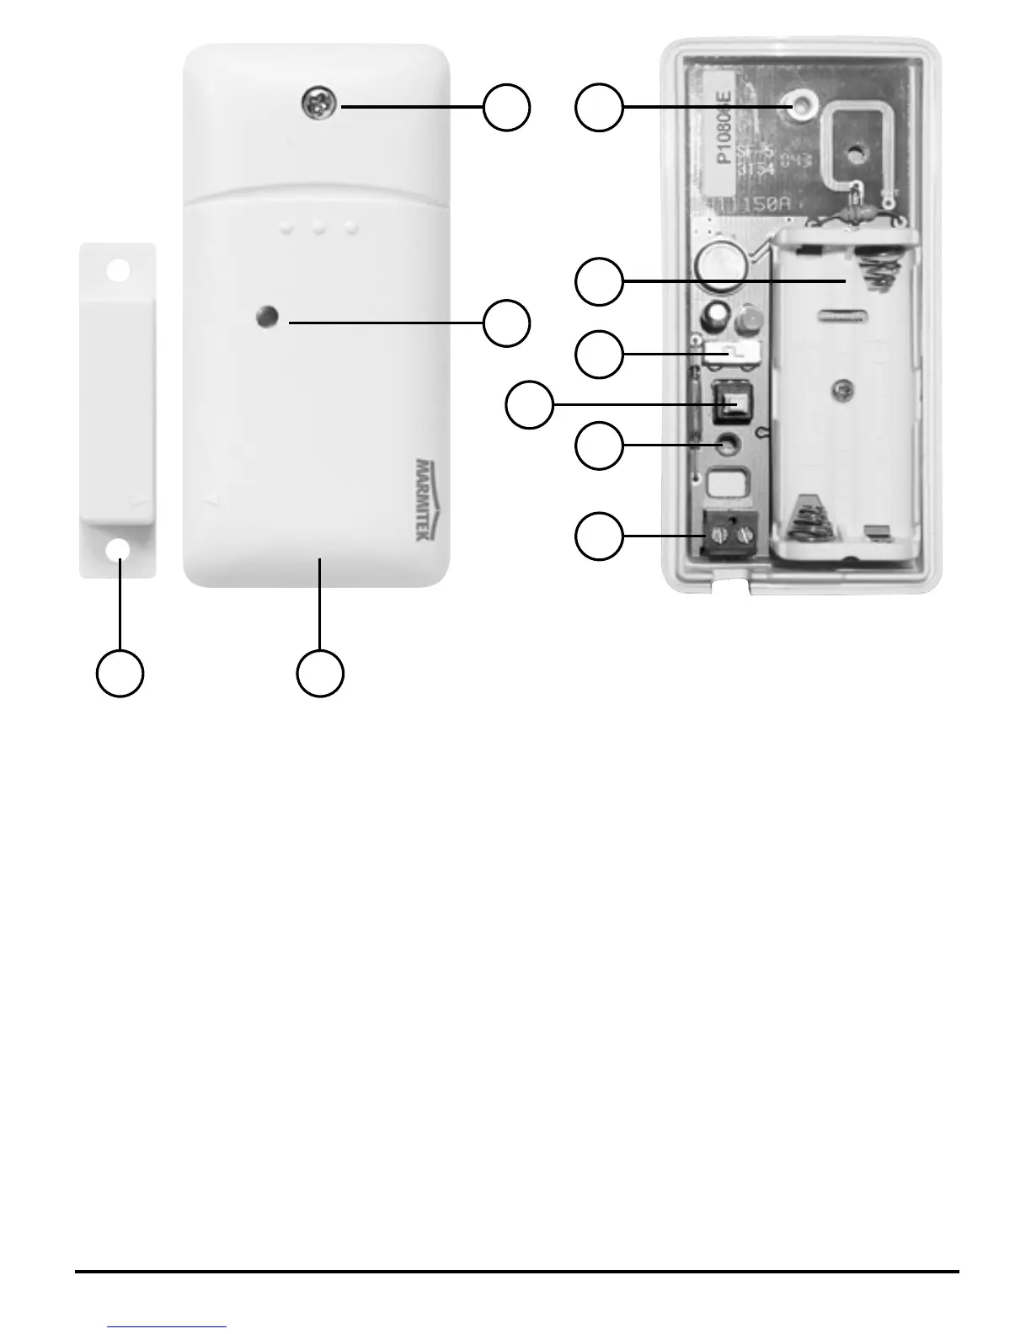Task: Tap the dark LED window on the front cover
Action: tap(265, 318)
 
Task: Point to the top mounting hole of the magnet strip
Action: tap(118, 270)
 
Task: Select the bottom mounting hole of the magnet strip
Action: tap(118, 548)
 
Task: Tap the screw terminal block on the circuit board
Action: tap(728, 536)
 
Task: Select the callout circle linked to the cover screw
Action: tap(506, 107)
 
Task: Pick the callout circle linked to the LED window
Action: tap(506, 323)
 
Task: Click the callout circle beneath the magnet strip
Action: tap(119, 673)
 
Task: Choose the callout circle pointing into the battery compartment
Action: tap(599, 281)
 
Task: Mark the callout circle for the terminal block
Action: tap(599, 536)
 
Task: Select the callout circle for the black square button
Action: tap(529, 406)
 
